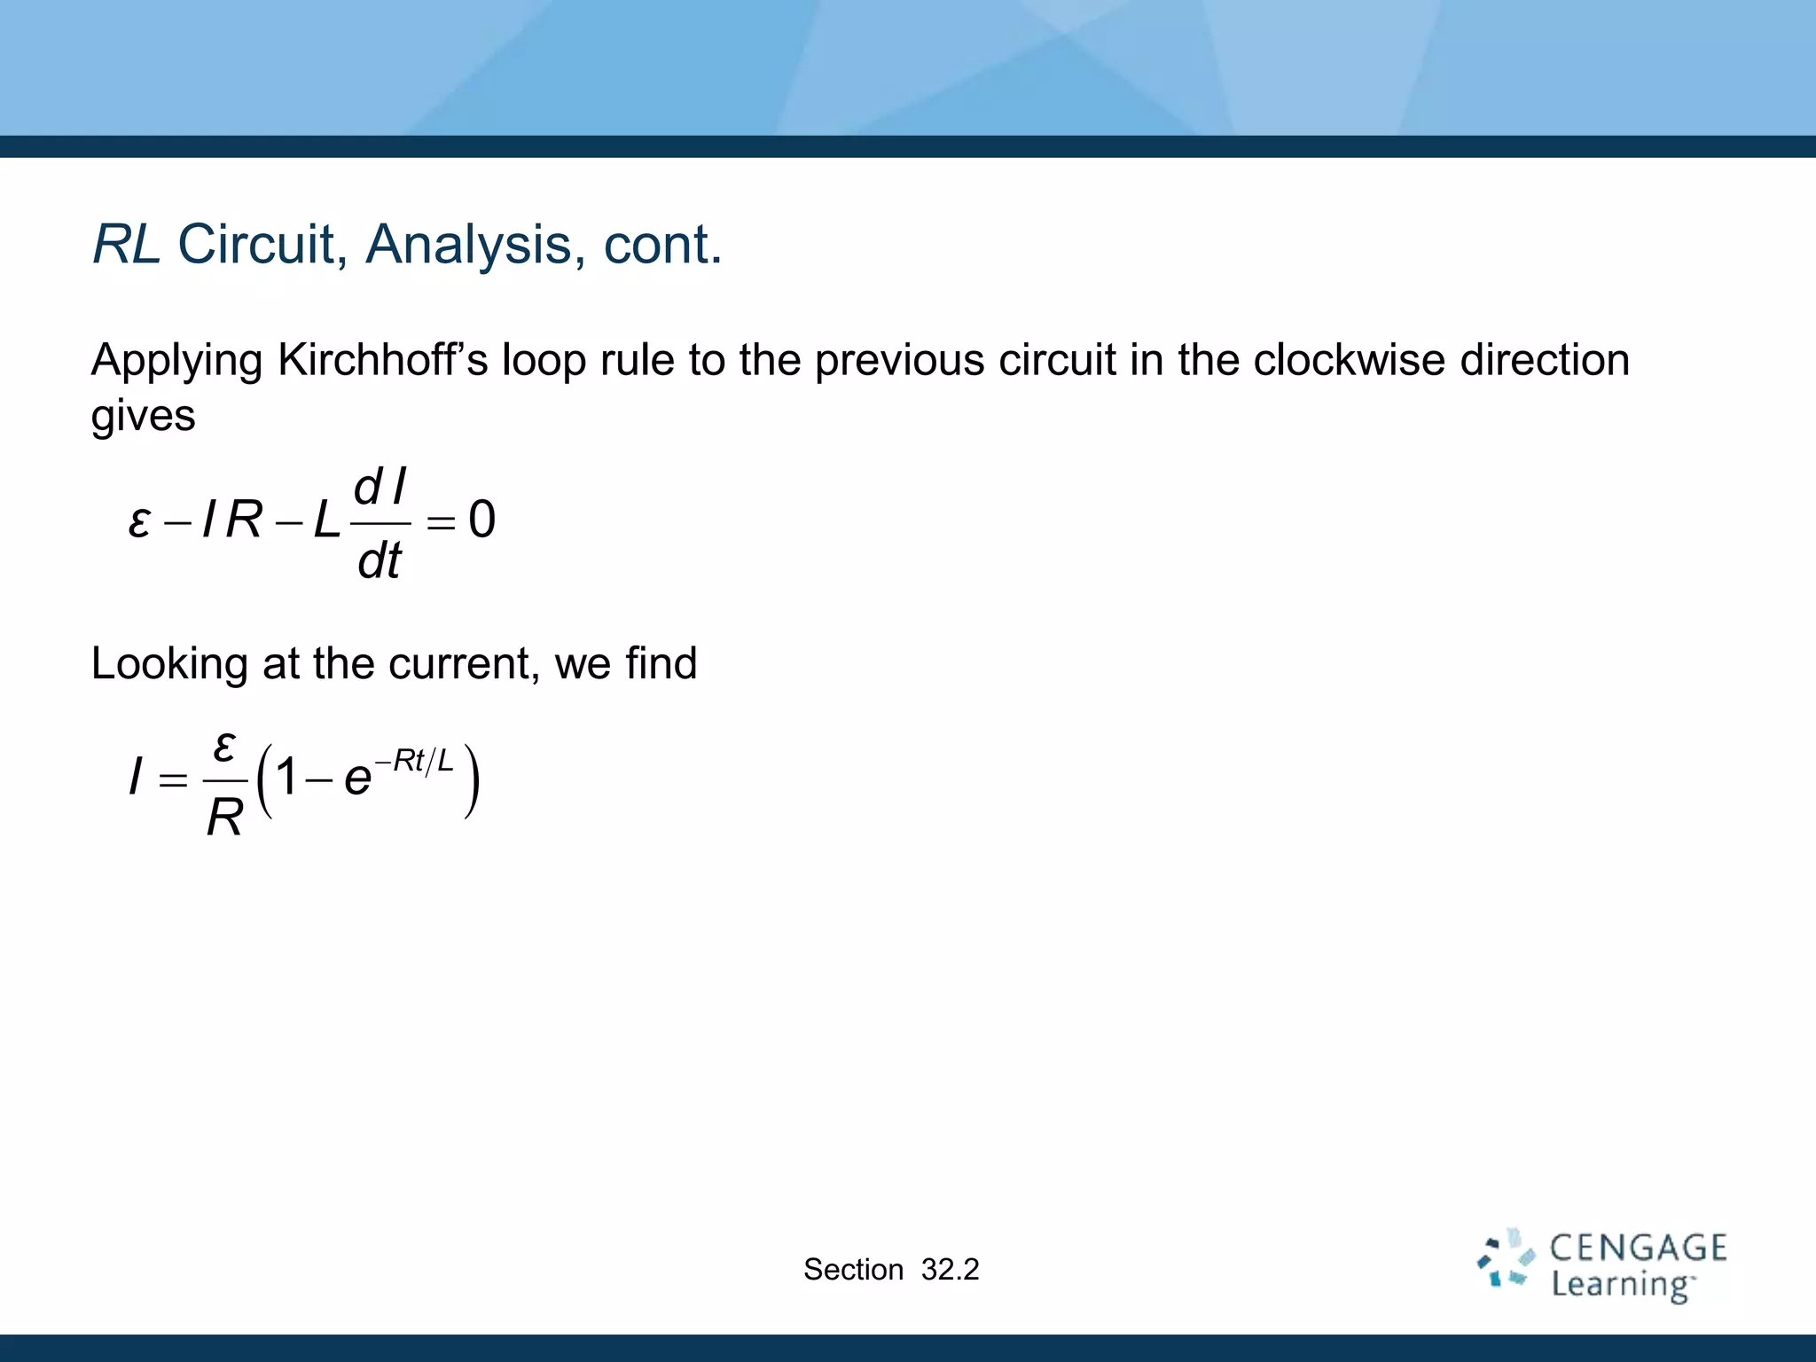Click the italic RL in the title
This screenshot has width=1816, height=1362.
pos(126,244)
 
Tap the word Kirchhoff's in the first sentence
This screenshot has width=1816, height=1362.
pos(382,360)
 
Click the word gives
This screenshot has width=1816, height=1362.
pos(143,416)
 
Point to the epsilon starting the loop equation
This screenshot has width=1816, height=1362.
pos(138,521)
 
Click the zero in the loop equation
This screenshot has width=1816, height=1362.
pos(481,520)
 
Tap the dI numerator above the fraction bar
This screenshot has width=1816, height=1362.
pos(380,488)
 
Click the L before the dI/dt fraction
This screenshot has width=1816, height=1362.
pos(326,521)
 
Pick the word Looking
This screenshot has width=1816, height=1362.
pos(168,663)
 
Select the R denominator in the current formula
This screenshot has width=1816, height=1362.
pos(224,818)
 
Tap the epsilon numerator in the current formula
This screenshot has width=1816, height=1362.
pos(224,746)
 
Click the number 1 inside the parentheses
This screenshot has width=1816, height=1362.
pos(286,778)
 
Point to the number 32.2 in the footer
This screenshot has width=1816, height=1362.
pos(950,1270)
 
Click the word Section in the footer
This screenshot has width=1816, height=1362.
pos(853,1270)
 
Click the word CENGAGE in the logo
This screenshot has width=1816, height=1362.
pos(1638,1248)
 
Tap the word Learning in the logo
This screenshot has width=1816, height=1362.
pos(1621,1285)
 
